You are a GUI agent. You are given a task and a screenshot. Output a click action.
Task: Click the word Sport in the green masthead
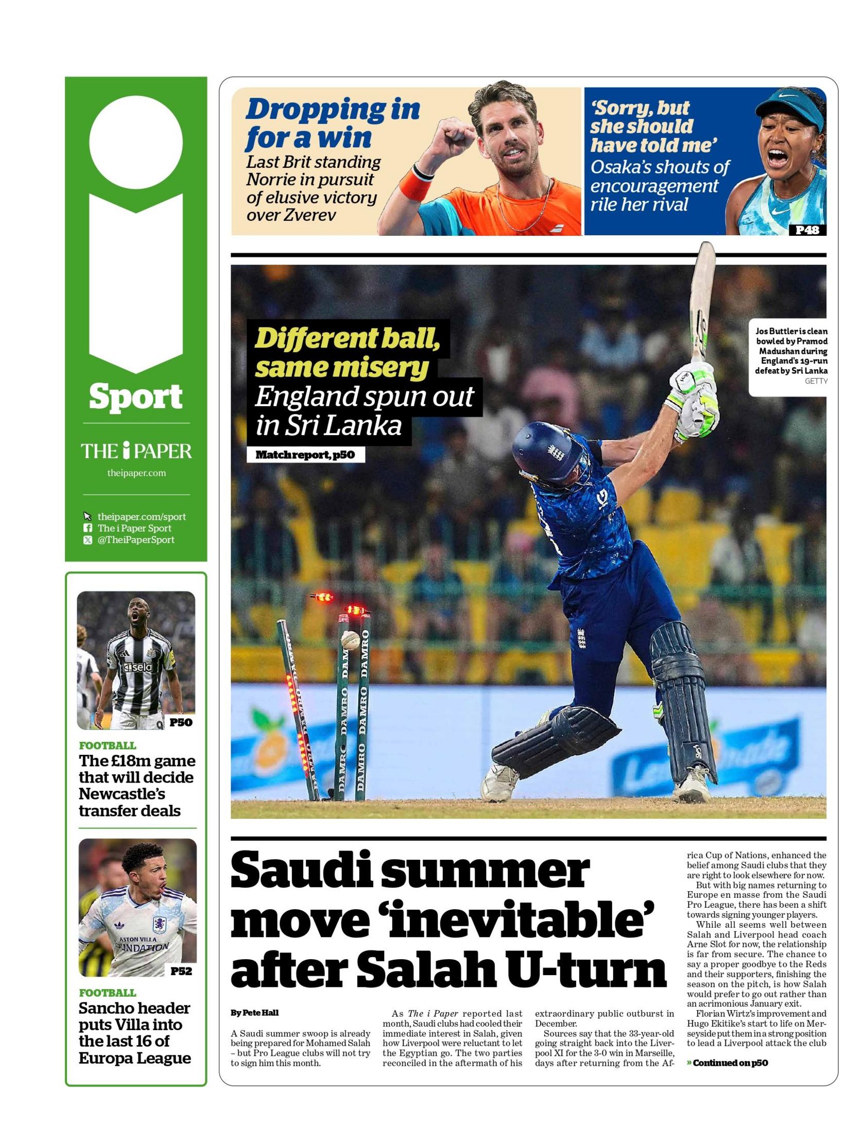click(135, 396)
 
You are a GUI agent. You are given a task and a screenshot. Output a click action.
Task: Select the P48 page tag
click(806, 230)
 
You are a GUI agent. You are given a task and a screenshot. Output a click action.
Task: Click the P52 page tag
click(181, 971)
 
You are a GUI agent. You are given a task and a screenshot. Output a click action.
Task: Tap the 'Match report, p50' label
click(305, 456)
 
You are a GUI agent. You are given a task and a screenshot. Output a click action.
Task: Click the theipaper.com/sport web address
click(141, 516)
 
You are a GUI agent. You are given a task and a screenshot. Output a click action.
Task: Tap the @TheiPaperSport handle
click(135, 540)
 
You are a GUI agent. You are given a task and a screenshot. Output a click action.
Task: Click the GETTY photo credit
click(816, 381)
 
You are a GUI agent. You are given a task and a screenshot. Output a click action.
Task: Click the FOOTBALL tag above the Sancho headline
click(108, 993)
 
